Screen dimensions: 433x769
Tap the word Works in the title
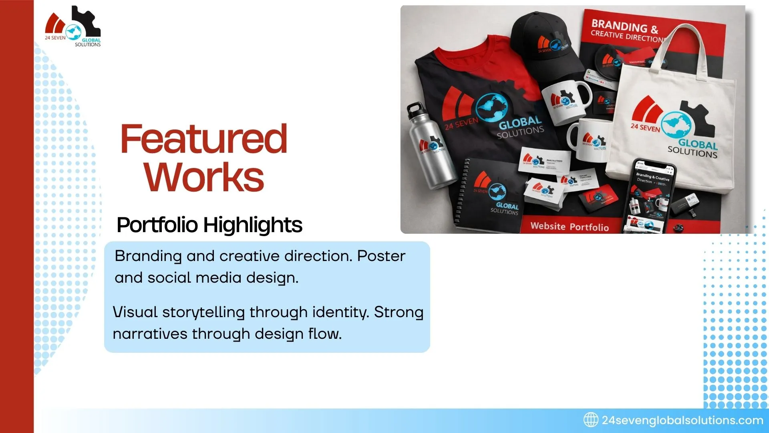coord(204,177)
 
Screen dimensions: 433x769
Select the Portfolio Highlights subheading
coord(209,225)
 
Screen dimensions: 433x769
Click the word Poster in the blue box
coord(381,256)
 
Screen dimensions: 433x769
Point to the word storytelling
coord(203,312)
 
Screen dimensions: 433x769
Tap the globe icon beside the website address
coord(590,420)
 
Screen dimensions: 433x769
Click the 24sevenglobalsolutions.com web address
coord(682,420)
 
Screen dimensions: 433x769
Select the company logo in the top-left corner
coord(73,27)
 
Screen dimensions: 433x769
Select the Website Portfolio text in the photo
coord(569,227)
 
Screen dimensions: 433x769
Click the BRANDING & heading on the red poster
coord(624,26)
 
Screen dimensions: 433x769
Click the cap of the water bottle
coord(415,109)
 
